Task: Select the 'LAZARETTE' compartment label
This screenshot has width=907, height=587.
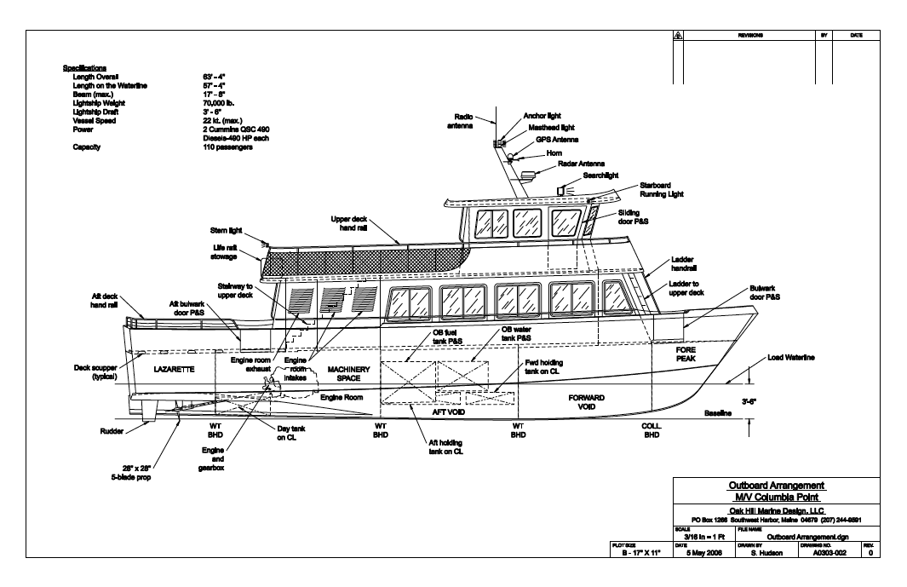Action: [x=175, y=371]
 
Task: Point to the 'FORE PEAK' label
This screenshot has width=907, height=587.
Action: [x=686, y=354]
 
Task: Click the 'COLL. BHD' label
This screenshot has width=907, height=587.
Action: [x=652, y=429]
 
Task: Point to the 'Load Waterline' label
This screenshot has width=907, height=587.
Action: [x=791, y=358]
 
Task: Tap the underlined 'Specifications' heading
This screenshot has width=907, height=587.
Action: [x=84, y=67]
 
